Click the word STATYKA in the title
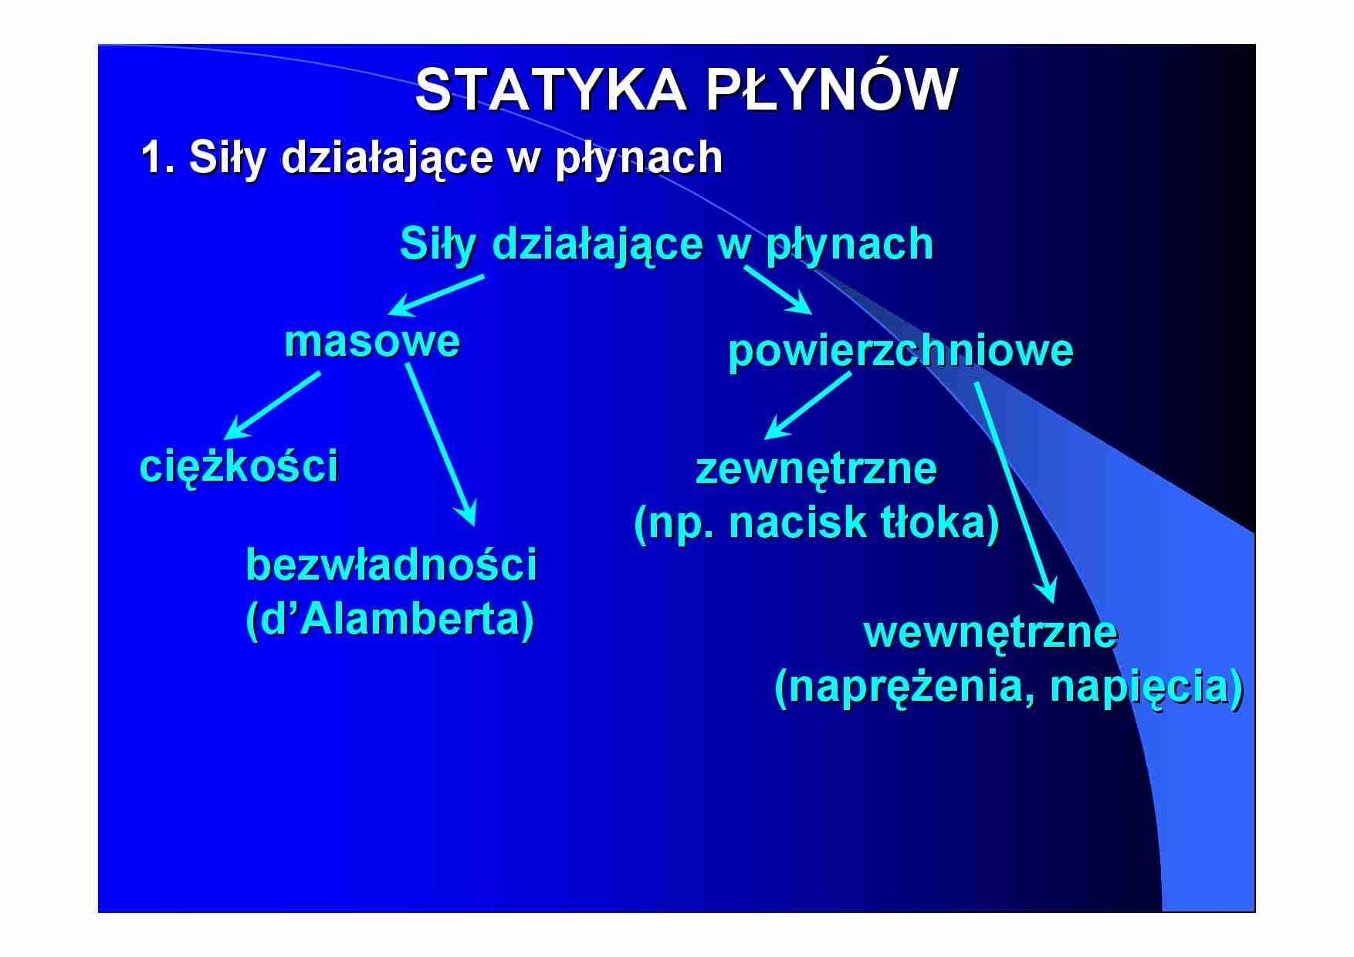550,90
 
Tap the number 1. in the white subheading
157,157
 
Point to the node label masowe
372,341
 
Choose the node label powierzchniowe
900,350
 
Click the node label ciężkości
239,466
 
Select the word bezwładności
391,564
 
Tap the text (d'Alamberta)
390,619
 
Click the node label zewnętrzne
816,469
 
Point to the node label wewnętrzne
990,632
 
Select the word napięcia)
1146,687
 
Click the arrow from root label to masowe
436,295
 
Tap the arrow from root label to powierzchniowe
777,289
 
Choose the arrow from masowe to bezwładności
441,445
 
